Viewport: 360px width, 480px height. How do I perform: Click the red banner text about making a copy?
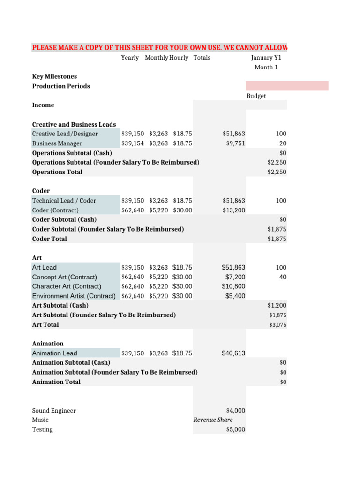click(159, 48)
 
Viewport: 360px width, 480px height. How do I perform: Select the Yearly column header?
click(130, 58)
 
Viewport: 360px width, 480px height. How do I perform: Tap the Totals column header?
click(202, 58)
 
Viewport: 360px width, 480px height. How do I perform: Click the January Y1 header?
click(266, 58)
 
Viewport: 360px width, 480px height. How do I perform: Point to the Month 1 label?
click(266, 67)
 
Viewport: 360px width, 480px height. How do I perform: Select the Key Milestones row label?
click(54, 76)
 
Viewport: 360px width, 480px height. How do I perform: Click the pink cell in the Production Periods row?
click(286, 86)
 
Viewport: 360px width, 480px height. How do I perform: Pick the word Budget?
click(256, 96)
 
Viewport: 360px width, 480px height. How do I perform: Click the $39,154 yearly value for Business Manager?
click(133, 143)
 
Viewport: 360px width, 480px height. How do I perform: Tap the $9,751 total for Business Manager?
click(235, 143)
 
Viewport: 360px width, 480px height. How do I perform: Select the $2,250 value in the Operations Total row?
click(276, 172)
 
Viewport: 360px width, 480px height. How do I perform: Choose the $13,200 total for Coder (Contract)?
click(233, 210)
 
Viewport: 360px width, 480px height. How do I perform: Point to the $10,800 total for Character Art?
click(233, 286)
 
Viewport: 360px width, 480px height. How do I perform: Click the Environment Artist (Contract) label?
click(74, 296)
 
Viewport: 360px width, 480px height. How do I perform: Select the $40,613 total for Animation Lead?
click(233, 353)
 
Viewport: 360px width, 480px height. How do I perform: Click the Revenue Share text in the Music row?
click(213, 420)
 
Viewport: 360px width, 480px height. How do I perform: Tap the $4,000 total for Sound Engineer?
click(235, 411)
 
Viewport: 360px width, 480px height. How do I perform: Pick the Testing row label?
click(42, 430)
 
